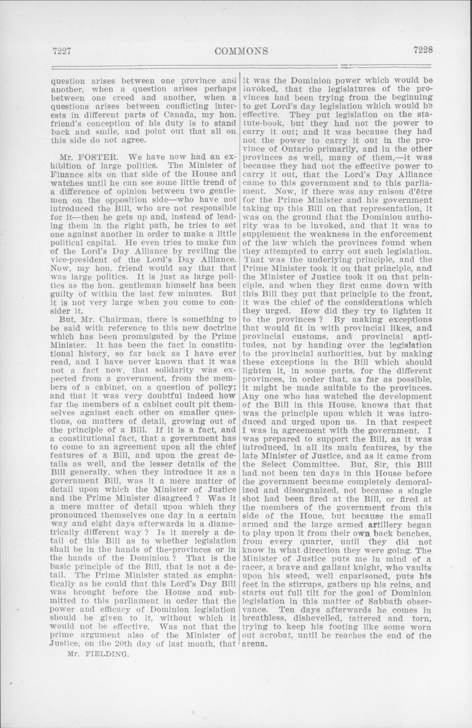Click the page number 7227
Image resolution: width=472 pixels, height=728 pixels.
point(61,51)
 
